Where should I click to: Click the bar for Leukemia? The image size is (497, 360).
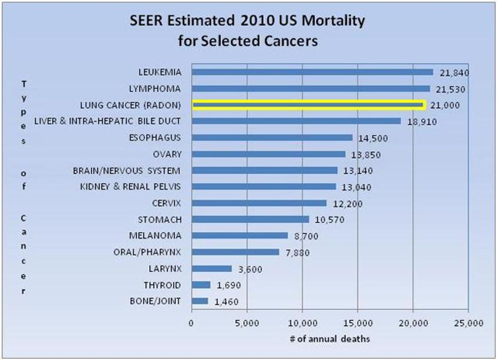click(312, 72)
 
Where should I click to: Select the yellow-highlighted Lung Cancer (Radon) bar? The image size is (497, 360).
click(308, 105)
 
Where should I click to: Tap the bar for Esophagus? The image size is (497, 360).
click(272, 137)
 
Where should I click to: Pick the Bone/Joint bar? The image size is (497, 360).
click(200, 301)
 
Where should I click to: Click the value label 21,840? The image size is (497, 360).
click(454, 73)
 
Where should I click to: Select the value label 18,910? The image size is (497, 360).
click(422, 122)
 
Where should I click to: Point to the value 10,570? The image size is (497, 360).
click(330, 220)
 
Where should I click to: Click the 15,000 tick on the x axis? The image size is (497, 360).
click(358, 323)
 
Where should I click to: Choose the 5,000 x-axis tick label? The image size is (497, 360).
click(247, 323)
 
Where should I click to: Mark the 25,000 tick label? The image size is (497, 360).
click(468, 323)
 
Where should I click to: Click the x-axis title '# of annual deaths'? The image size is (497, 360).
click(330, 339)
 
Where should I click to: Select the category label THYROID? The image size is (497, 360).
click(162, 285)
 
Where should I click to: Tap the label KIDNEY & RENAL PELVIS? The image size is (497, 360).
click(130, 187)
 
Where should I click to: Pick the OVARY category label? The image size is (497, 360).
click(167, 154)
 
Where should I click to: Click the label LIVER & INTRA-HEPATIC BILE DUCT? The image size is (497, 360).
click(107, 121)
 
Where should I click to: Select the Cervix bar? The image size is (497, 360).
click(259, 203)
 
